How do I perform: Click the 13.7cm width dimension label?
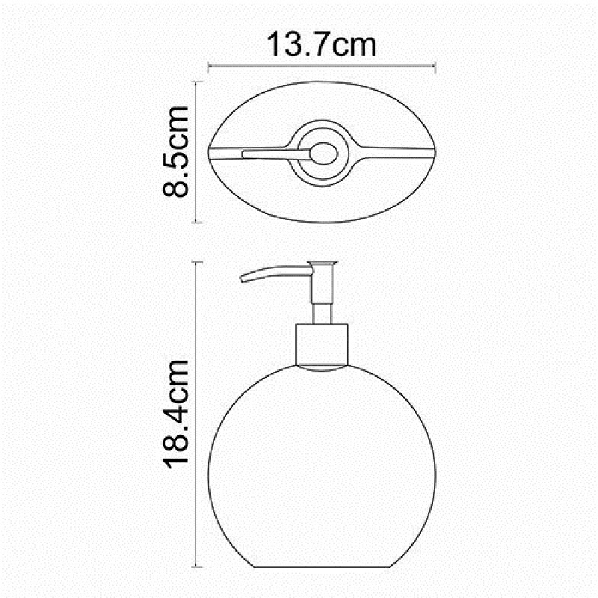click(321, 45)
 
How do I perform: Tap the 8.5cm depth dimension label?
click(176, 152)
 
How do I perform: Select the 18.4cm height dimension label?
click(176, 414)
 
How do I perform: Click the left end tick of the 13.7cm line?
click(209, 67)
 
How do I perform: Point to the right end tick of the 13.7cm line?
click(435, 67)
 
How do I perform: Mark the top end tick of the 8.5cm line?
click(196, 82)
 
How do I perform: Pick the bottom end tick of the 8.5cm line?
click(196, 222)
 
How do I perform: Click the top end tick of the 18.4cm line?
click(197, 262)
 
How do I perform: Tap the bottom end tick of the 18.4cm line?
click(197, 567)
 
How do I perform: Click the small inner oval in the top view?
click(324, 153)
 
